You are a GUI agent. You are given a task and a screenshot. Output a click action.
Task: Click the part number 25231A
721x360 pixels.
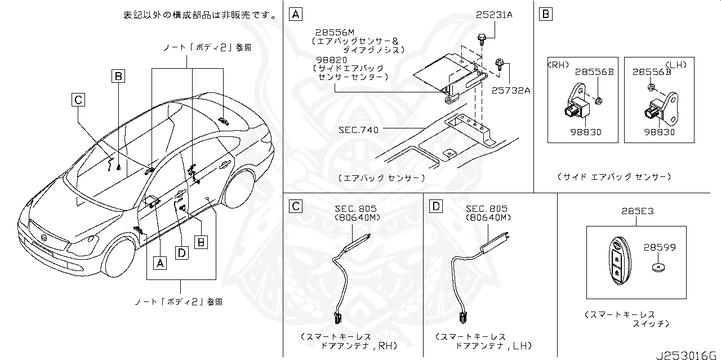(x=494, y=16)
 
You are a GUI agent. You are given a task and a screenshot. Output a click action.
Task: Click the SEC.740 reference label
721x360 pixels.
(x=358, y=130)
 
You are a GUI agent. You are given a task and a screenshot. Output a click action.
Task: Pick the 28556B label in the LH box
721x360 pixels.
(x=651, y=72)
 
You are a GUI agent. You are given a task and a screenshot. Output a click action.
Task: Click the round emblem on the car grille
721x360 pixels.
(x=42, y=239)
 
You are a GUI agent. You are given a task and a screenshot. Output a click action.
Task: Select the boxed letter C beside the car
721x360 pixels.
(x=78, y=100)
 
